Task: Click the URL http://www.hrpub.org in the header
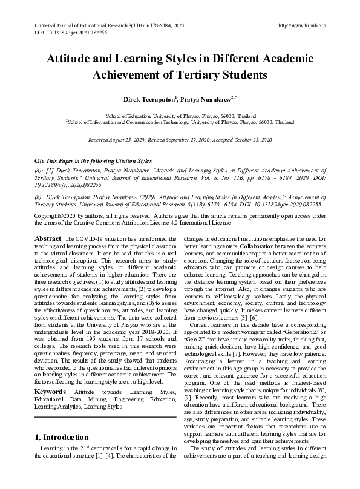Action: [x=301, y=25]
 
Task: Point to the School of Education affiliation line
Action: [x=179, y=114]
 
